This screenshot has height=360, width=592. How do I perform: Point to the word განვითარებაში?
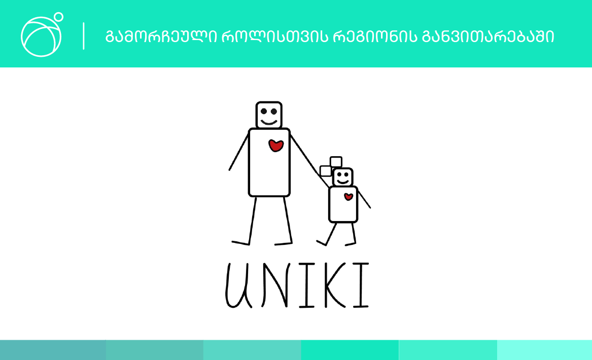pos(488,37)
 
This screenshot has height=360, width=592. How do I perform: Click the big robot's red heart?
pos(276,146)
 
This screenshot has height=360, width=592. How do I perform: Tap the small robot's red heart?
pos(349,197)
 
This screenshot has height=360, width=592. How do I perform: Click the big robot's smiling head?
pos(269,115)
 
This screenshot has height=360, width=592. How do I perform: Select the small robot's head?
pos(343,177)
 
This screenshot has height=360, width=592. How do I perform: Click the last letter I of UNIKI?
pos(361,285)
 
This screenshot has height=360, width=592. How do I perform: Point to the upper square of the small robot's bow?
pos(336,162)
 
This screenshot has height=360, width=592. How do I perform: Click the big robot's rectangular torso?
pos(269,162)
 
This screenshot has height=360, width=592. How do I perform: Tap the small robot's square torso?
pos(343,204)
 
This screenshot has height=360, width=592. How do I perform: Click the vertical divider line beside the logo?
pos(83,36)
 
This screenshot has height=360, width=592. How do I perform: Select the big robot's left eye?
pos(264,112)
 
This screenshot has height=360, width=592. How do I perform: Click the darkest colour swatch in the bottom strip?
pos(53,350)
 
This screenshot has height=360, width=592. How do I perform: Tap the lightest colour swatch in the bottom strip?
pos(544,350)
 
